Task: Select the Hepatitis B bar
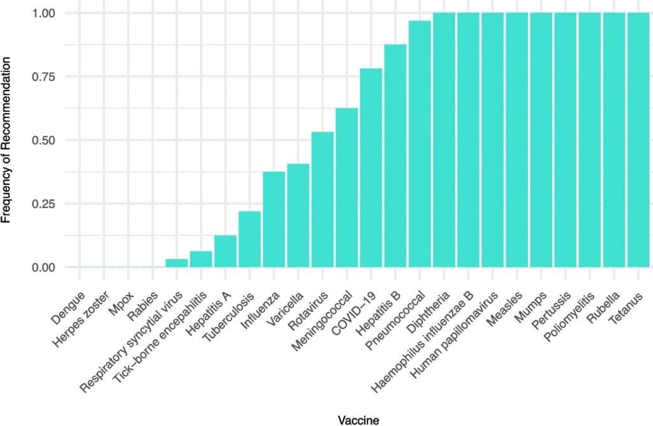[x=395, y=156]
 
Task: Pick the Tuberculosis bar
[x=249, y=239]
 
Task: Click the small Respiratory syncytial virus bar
[x=177, y=263]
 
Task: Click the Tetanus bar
[x=638, y=140]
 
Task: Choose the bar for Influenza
[x=274, y=219]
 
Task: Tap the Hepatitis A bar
[x=225, y=251]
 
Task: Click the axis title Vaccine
[x=358, y=418]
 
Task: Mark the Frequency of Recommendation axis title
[x=8, y=139]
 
